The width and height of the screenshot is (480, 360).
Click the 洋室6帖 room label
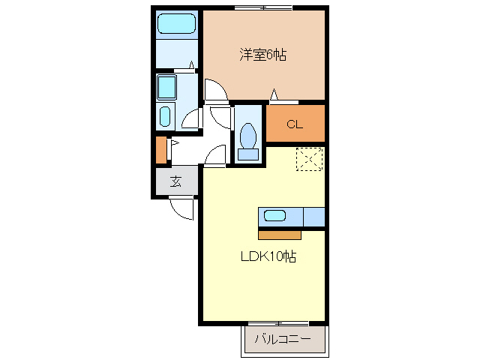click(x=263, y=55)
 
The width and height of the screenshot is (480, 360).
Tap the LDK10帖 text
click(x=268, y=257)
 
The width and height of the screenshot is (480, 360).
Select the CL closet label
click(x=294, y=124)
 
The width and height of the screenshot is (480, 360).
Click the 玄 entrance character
click(x=175, y=181)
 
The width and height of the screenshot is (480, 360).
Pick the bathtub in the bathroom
click(x=176, y=24)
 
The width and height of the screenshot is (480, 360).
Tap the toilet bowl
click(x=247, y=136)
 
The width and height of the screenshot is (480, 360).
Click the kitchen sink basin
click(x=274, y=216)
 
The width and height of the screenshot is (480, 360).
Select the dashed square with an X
click(x=308, y=160)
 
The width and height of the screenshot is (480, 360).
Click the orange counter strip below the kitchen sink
click(x=279, y=234)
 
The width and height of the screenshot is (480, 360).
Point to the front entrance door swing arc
click(x=182, y=210)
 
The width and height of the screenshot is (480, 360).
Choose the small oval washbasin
click(x=165, y=116)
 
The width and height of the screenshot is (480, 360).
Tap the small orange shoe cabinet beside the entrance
click(x=160, y=150)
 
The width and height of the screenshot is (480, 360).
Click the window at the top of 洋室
click(x=262, y=8)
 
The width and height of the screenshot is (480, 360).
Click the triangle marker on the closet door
click(x=274, y=95)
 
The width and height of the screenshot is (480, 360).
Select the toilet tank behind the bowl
click(x=247, y=154)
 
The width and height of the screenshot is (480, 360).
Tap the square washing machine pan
click(x=166, y=88)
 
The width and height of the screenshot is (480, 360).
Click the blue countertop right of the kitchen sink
click(x=313, y=217)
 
